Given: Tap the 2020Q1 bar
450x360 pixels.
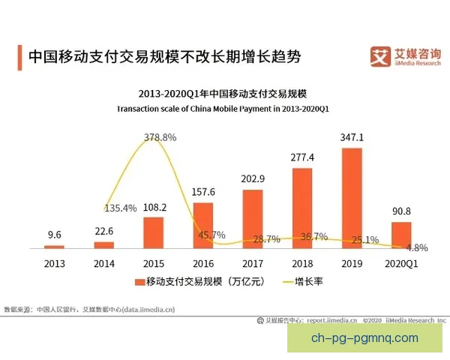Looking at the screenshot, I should (401, 235).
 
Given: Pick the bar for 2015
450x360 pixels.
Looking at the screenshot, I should (153, 232).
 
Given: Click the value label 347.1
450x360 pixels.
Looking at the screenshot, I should (352, 138).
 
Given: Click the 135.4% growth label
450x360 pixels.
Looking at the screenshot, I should (120, 208).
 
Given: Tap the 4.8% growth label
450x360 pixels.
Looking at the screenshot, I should (417, 247).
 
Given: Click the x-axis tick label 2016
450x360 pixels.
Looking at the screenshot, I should (203, 263).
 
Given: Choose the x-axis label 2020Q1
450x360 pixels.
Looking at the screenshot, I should (401, 263).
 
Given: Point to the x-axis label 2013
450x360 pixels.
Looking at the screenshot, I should (55, 263).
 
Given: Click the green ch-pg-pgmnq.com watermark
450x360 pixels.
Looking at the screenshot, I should (364, 338).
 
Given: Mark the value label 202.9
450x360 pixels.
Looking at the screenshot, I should (253, 178).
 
